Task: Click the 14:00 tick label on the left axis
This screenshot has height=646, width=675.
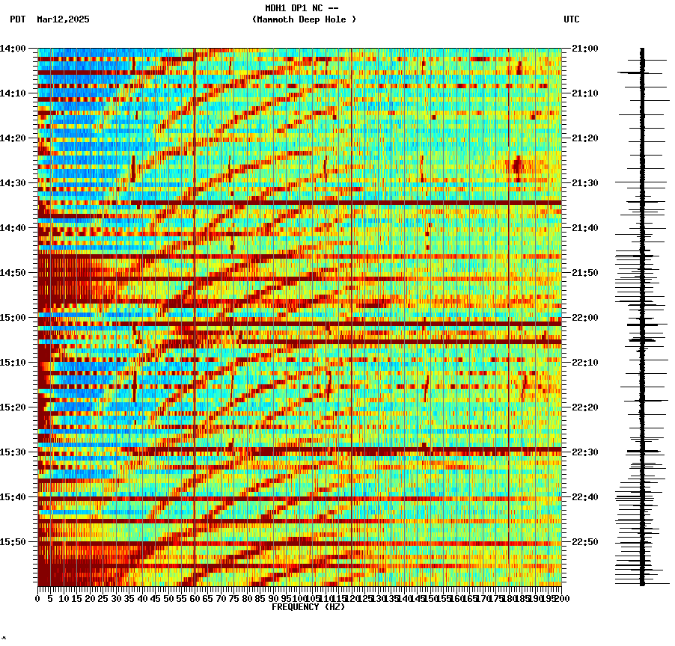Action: pyautogui.click(x=13, y=49)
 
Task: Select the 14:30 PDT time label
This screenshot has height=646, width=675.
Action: pyautogui.click(x=13, y=183)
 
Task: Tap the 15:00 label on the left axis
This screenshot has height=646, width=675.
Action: pyautogui.click(x=13, y=318)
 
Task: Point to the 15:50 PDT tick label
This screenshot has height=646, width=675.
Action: pyautogui.click(x=13, y=542)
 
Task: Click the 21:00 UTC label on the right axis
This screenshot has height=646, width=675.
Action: pyautogui.click(x=584, y=49)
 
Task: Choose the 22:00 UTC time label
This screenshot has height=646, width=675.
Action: pyautogui.click(x=584, y=318)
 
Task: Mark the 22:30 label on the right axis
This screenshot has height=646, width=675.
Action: pyautogui.click(x=584, y=452)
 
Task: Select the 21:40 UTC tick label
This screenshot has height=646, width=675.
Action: pyautogui.click(x=584, y=228)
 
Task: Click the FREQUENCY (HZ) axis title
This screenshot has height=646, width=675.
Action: pyautogui.click(x=308, y=607)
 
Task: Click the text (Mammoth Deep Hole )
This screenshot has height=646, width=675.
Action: pyautogui.click(x=304, y=19)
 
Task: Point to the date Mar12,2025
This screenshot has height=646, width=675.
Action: pyautogui.click(x=63, y=19)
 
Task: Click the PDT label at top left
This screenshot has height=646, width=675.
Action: pyautogui.click(x=17, y=19)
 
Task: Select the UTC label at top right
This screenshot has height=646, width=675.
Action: pyautogui.click(x=571, y=19)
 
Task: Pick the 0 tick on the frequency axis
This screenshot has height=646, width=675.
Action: pyautogui.click(x=38, y=599)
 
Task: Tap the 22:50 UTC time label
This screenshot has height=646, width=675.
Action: pyautogui.click(x=584, y=542)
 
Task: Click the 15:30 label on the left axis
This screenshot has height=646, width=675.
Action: pyautogui.click(x=13, y=452)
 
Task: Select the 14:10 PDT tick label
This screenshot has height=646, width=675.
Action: pyautogui.click(x=13, y=93)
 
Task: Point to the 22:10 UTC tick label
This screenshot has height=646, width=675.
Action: pyautogui.click(x=584, y=363)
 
